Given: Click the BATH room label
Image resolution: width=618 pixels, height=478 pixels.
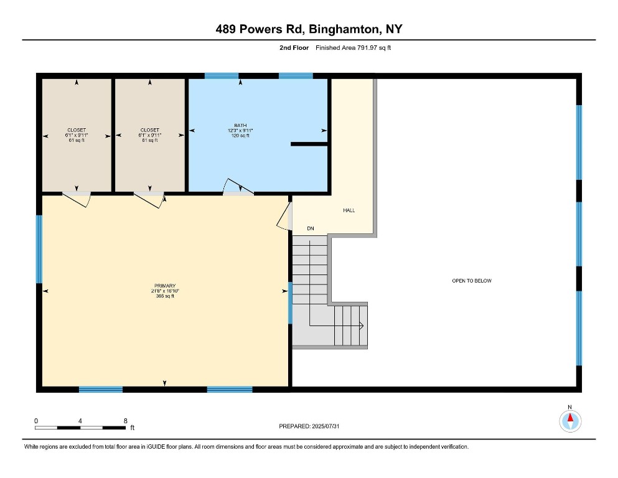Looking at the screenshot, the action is click(240, 125).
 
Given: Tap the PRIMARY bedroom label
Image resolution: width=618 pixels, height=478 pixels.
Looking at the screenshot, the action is click(165, 286).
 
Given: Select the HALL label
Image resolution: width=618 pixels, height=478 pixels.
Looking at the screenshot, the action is click(349, 210).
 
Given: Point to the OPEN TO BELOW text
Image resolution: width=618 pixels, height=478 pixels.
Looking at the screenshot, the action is click(472, 281).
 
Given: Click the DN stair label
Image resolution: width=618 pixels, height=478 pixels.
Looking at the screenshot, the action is click(311, 228).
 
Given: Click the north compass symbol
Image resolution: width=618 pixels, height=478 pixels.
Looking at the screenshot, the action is click(570, 421).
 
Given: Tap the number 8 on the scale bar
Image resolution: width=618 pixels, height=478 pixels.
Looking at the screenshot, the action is click(126, 421).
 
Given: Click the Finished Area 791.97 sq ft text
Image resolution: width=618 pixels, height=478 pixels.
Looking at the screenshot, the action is click(353, 48).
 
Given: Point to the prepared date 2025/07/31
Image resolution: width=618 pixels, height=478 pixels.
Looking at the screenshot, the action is click(325, 426).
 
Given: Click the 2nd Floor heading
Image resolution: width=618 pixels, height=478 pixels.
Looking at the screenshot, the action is click(294, 48).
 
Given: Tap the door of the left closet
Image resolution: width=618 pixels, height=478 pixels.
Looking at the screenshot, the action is click(77, 199).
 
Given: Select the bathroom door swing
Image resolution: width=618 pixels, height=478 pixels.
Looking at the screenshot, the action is click(238, 187).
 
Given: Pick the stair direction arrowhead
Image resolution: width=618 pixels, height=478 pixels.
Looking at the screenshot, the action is click(361, 326).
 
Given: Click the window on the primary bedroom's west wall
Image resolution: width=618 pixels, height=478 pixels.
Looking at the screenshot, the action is click(39, 249).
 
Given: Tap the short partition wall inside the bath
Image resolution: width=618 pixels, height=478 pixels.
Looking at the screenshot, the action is click(309, 144).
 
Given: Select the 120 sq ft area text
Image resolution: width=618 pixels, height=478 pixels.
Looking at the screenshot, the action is click(240, 136).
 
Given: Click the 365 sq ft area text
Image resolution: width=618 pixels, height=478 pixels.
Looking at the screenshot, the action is click(165, 296).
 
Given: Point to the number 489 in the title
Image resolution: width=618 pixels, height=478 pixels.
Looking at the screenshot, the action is click(225, 29).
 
